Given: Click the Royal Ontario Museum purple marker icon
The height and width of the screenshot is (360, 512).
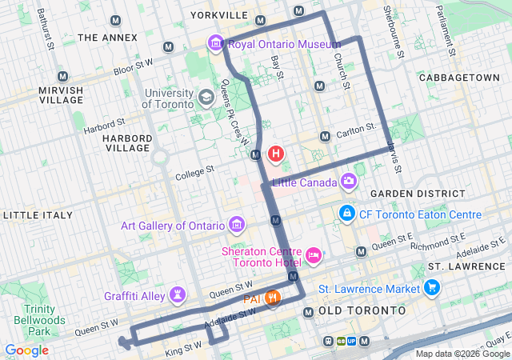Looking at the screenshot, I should (x=215, y=43).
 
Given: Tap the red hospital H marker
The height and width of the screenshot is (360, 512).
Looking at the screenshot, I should (x=276, y=153).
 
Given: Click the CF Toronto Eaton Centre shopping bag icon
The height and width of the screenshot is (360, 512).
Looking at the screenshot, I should (x=347, y=214).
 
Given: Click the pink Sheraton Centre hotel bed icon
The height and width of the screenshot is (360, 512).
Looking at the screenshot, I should (x=314, y=256).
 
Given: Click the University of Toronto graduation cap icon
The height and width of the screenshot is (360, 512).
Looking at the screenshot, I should (x=206, y=97).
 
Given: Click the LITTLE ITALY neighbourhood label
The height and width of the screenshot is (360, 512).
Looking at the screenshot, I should (x=38, y=215).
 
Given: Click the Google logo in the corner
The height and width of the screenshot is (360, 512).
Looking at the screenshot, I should (x=26, y=350).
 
